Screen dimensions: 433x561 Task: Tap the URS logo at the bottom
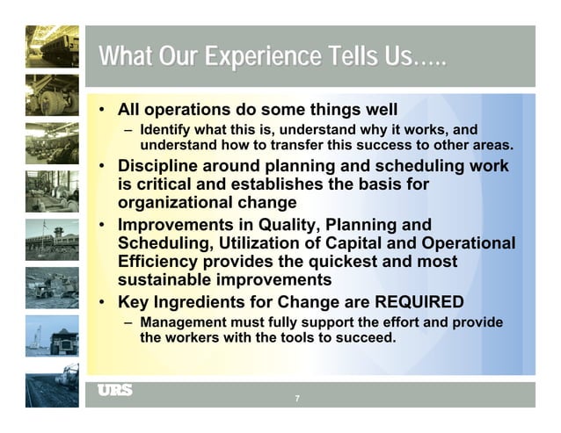[x=114, y=390]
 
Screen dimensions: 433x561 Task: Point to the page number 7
[x=297, y=399]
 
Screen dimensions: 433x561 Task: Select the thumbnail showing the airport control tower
[x=51, y=237]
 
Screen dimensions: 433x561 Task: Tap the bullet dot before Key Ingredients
[x=103, y=302]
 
